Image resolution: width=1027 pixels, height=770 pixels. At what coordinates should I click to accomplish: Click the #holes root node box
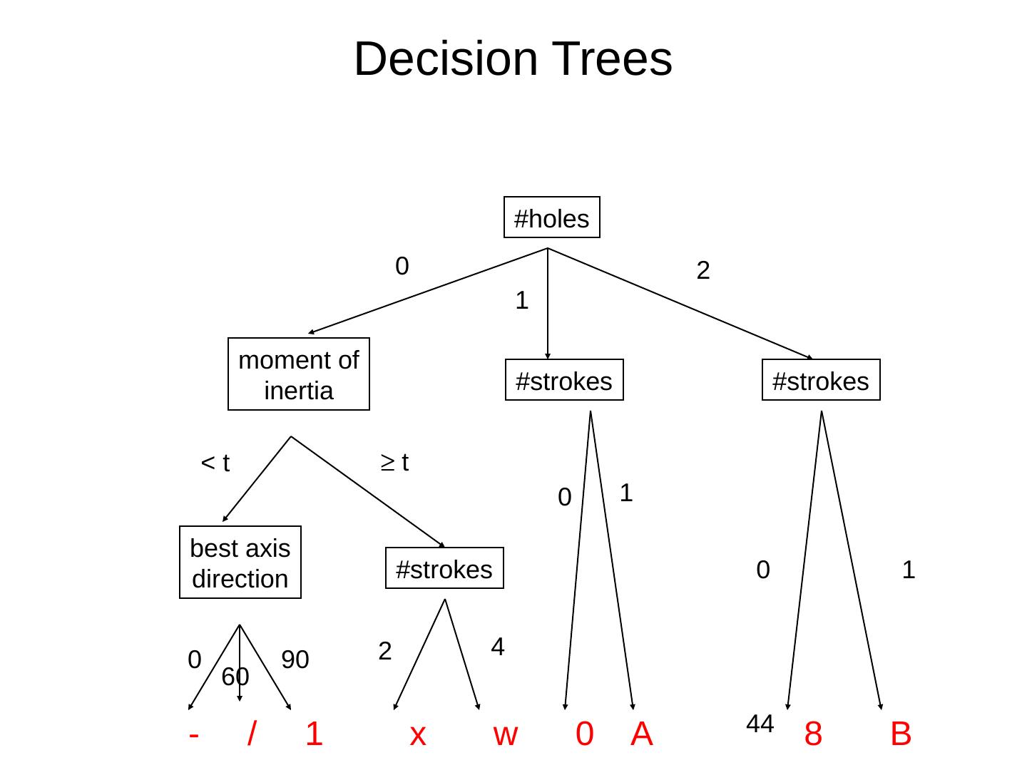pos(551,217)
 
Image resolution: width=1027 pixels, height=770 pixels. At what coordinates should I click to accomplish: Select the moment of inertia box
pos(298,374)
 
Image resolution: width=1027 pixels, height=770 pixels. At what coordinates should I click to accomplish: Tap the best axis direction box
pos(240,563)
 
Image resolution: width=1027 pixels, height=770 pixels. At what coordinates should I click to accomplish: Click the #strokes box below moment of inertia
pos(444,568)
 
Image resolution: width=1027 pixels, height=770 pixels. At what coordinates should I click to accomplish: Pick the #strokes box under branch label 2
pos(820,380)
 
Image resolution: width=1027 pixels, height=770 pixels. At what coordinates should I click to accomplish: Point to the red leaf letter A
pos(641,733)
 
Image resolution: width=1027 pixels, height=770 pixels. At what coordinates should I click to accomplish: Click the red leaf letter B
pos(900,733)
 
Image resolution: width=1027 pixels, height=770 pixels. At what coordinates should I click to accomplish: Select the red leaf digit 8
pos(812,733)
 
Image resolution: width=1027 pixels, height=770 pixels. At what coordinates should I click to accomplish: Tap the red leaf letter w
pos(505,734)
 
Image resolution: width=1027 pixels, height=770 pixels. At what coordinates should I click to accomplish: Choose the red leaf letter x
pos(418,734)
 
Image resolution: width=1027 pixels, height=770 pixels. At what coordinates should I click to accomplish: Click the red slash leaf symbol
pos(251,733)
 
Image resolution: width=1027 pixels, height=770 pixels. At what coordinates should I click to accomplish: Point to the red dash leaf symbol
pos(194,734)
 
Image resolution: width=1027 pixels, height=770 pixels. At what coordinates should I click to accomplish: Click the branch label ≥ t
pos(394,462)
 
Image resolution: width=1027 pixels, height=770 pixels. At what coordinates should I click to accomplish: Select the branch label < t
pos(215,463)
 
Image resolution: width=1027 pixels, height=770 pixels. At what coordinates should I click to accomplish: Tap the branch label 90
pos(295,659)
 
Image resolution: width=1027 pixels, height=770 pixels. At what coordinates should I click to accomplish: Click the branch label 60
pos(235,677)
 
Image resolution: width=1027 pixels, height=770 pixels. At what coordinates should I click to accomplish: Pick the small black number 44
pos(760,724)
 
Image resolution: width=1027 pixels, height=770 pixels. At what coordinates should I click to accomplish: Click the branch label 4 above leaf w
pos(498,647)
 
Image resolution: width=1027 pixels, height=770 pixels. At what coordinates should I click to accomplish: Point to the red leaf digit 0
pos(584,733)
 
